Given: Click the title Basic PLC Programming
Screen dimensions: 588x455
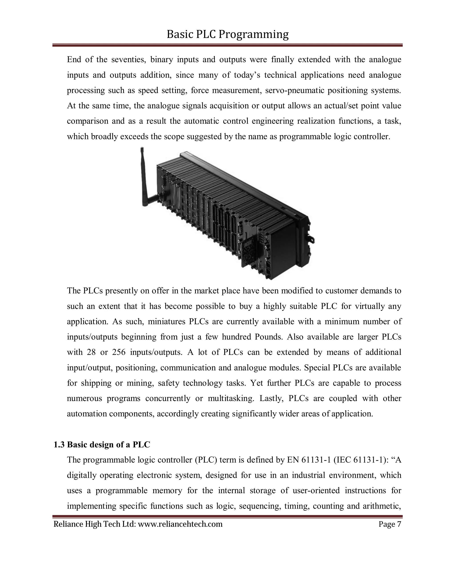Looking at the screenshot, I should (227, 34).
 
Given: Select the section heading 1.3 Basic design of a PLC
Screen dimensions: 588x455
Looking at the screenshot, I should (102, 444).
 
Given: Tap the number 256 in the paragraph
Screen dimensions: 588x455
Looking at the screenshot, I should (119, 352).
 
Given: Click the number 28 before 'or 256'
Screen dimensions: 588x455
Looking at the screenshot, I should (91, 352).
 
